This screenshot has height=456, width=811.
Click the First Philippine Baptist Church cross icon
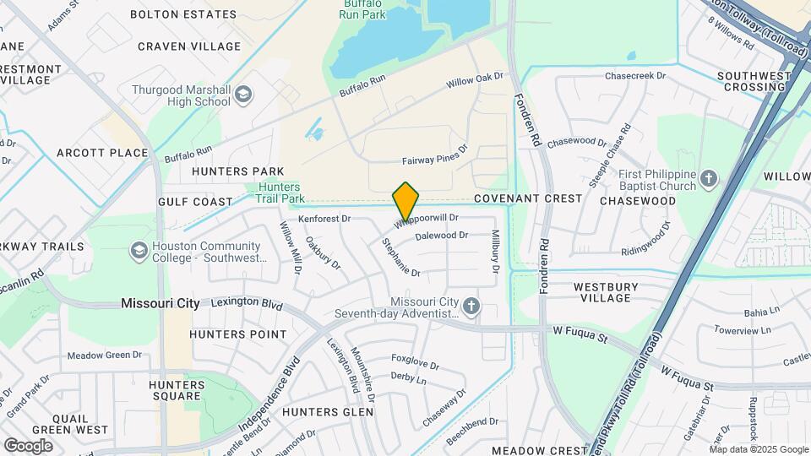708,179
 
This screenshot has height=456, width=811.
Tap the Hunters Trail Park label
281,193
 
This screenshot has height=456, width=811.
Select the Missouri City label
160,303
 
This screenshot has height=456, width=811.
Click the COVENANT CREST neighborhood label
527,198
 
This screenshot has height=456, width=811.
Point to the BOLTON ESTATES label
183,14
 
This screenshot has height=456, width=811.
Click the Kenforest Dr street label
324,219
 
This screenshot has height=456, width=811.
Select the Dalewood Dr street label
441,236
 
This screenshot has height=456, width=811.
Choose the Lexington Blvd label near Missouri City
246,302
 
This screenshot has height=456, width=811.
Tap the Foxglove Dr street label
415,366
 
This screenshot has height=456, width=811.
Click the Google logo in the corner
28,445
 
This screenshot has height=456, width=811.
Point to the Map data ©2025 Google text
757,449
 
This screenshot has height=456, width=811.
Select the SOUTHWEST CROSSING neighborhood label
753,81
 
